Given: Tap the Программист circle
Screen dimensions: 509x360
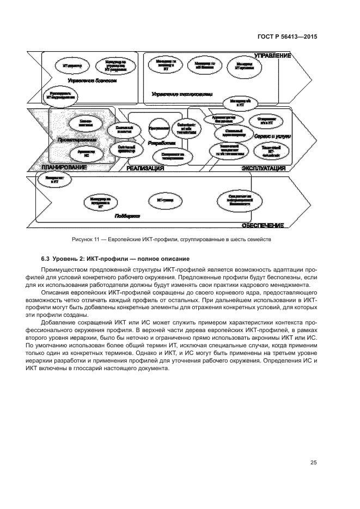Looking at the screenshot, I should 158,128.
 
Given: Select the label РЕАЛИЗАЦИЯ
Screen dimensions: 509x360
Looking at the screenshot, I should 145,169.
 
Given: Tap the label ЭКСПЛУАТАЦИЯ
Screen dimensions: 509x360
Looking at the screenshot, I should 264,169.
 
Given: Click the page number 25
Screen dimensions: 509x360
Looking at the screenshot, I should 313,463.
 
